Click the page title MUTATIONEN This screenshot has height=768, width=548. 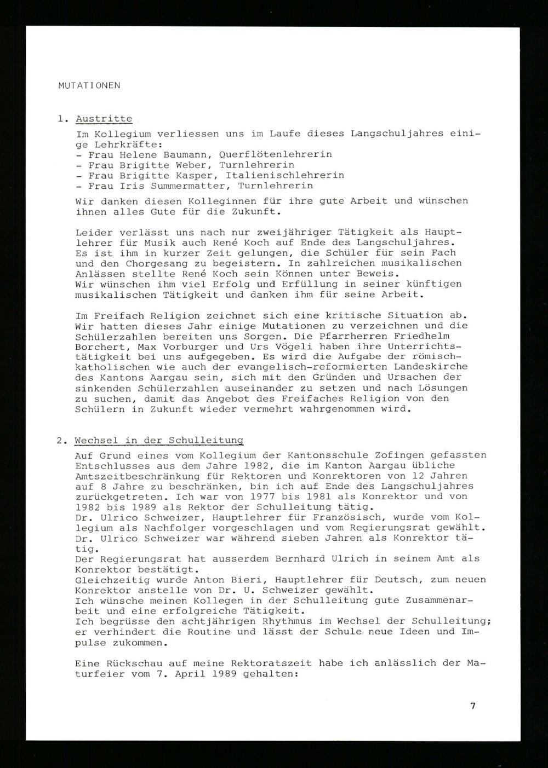click(89, 85)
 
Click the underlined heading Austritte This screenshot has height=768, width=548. click(104, 119)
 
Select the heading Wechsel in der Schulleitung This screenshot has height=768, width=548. click(159, 440)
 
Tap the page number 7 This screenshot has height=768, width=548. click(472, 706)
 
